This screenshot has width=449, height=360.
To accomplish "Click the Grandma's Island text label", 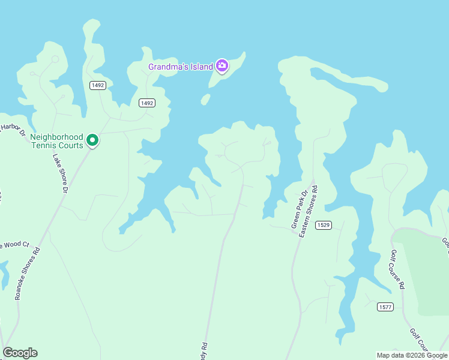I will coord(181,67).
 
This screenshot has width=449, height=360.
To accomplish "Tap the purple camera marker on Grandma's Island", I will coord(222,65).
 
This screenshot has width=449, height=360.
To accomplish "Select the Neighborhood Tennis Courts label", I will coord(56,141).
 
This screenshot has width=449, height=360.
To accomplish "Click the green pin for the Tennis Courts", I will coord(92,140).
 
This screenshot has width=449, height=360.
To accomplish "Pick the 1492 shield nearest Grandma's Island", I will coord(147,103).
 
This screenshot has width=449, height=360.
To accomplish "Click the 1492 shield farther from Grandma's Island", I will coord(98,85).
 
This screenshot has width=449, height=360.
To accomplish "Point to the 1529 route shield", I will coord(323,225).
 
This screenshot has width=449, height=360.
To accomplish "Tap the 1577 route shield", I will coord(385,307).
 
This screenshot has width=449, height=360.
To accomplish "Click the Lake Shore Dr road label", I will coord(60,174).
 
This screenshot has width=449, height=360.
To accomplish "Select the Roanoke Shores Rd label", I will coord(28,273).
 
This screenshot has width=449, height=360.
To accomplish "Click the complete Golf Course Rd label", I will coord(397,270).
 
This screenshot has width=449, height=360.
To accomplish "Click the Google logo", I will coord(20,353).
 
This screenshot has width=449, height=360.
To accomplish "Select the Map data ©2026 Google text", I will coord(411,355).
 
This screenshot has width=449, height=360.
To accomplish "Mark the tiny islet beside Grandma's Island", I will coord(205,99).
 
